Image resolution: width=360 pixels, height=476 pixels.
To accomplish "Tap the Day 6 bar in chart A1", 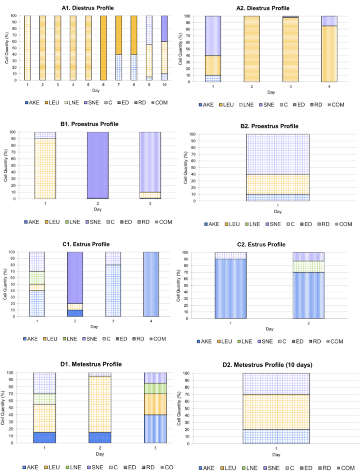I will [103, 48].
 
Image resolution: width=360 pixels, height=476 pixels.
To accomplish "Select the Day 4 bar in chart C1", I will [151, 284].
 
